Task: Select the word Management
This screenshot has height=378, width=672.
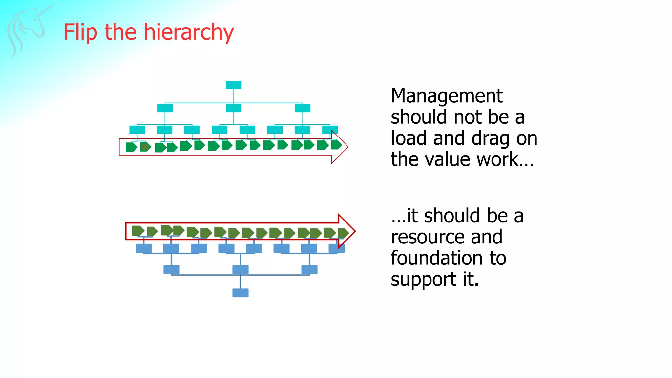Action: click(447, 96)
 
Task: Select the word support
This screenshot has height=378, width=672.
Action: click(424, 280)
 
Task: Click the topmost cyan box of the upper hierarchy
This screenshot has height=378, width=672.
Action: click(234, 85)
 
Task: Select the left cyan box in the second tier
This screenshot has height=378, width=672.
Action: click(165, 108)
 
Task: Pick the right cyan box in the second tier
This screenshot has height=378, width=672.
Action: click(303, 108)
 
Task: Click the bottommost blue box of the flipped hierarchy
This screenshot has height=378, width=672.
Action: click(241, 293)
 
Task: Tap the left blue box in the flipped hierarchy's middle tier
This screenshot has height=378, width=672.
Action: click(172, 270)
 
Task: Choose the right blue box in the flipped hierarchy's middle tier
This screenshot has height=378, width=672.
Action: click(309, 270)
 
